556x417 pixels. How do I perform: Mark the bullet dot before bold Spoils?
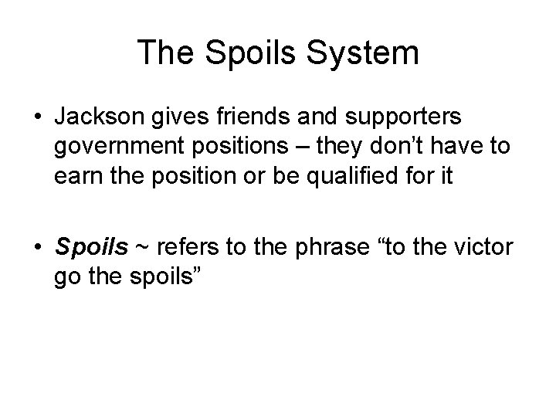[x=36, y=247]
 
